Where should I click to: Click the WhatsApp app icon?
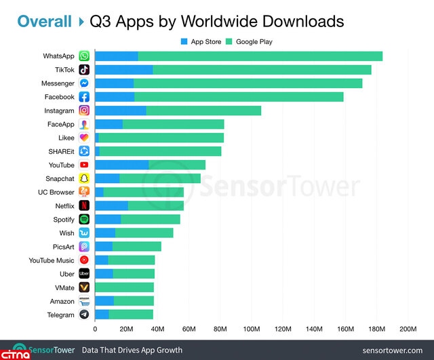[84, 56]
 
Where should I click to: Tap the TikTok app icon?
[84, 70]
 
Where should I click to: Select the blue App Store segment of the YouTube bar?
[121, 165]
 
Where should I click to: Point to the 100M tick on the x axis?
[251, 329]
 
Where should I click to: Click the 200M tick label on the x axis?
[408, 329]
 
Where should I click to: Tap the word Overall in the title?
[45, 21]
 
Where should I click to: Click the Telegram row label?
[61, 315]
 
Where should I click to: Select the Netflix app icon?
[84, 205]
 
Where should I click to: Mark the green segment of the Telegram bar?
[131, 315]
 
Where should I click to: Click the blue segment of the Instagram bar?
[120, 111]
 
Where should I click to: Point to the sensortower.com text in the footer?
[393, 350]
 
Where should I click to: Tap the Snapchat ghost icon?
[84, 178]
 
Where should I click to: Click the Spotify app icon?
[84, 219]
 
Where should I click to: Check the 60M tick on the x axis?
[189, 329]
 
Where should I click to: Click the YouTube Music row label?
[52, 260]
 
